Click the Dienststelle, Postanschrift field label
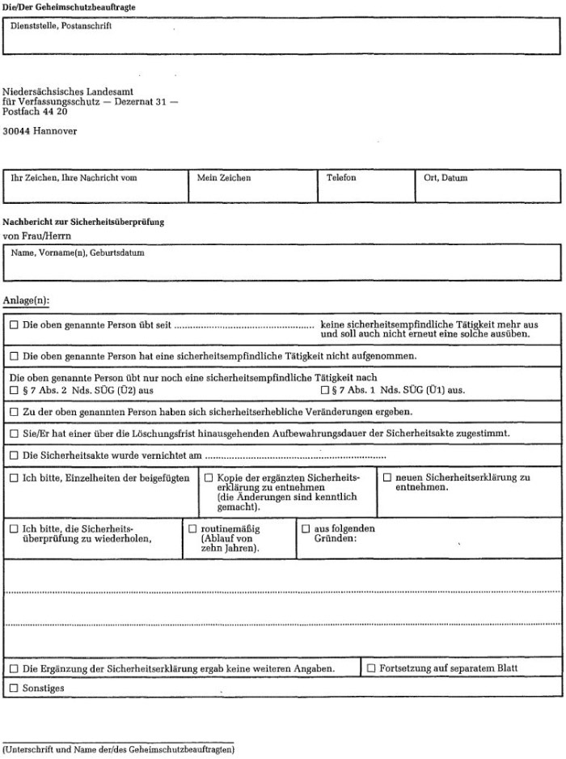[61, 25]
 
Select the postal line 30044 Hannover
[40, 130]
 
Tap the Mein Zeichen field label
[224, 178]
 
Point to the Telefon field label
[341, 178]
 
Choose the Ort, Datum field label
[446, 178]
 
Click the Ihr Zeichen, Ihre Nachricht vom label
[74, 178]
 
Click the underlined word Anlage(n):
[27, 300]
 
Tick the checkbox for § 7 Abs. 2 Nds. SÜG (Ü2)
[14, 390]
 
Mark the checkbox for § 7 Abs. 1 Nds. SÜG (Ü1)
[324, 390]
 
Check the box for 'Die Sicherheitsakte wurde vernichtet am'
[14, 456]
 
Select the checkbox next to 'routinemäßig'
[192, 528]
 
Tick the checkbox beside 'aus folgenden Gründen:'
[306, 528]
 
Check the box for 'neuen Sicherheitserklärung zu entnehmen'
[387, 478]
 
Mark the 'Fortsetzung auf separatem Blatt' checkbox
[371, 669]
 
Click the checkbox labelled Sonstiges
[14, 689]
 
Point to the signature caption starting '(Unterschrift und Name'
[119, 750]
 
